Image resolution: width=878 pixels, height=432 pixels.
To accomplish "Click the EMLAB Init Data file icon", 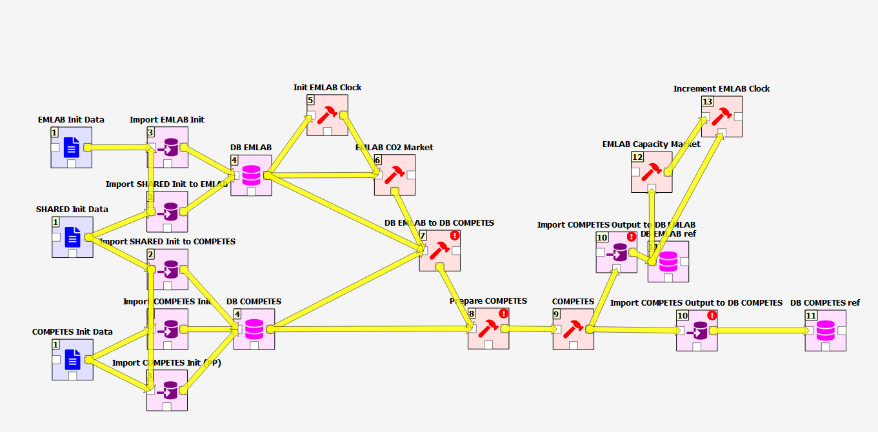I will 72,148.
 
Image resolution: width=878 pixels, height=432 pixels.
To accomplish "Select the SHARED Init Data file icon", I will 73,237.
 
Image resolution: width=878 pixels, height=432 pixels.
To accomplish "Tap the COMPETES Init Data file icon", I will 73,360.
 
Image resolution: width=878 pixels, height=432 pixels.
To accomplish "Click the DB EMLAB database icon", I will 251,175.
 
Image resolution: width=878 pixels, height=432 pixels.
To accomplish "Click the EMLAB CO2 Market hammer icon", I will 395,173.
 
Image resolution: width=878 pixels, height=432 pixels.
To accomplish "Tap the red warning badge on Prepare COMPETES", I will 503,314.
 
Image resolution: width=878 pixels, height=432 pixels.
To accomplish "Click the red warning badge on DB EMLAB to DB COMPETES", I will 455,235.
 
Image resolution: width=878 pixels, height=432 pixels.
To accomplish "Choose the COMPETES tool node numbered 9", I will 574,329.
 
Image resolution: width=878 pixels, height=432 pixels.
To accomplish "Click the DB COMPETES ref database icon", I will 825,331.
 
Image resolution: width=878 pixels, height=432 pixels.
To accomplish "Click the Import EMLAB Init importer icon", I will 168,147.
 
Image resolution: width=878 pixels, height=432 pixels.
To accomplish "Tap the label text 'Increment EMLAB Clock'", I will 721,89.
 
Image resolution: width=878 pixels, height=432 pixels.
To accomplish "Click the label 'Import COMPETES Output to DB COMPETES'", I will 696,302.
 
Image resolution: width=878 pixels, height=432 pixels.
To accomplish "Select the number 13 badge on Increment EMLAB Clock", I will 708,102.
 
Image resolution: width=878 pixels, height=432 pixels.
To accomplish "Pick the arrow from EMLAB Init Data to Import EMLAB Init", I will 119,147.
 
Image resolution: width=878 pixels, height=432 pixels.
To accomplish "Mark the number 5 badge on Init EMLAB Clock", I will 310,101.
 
